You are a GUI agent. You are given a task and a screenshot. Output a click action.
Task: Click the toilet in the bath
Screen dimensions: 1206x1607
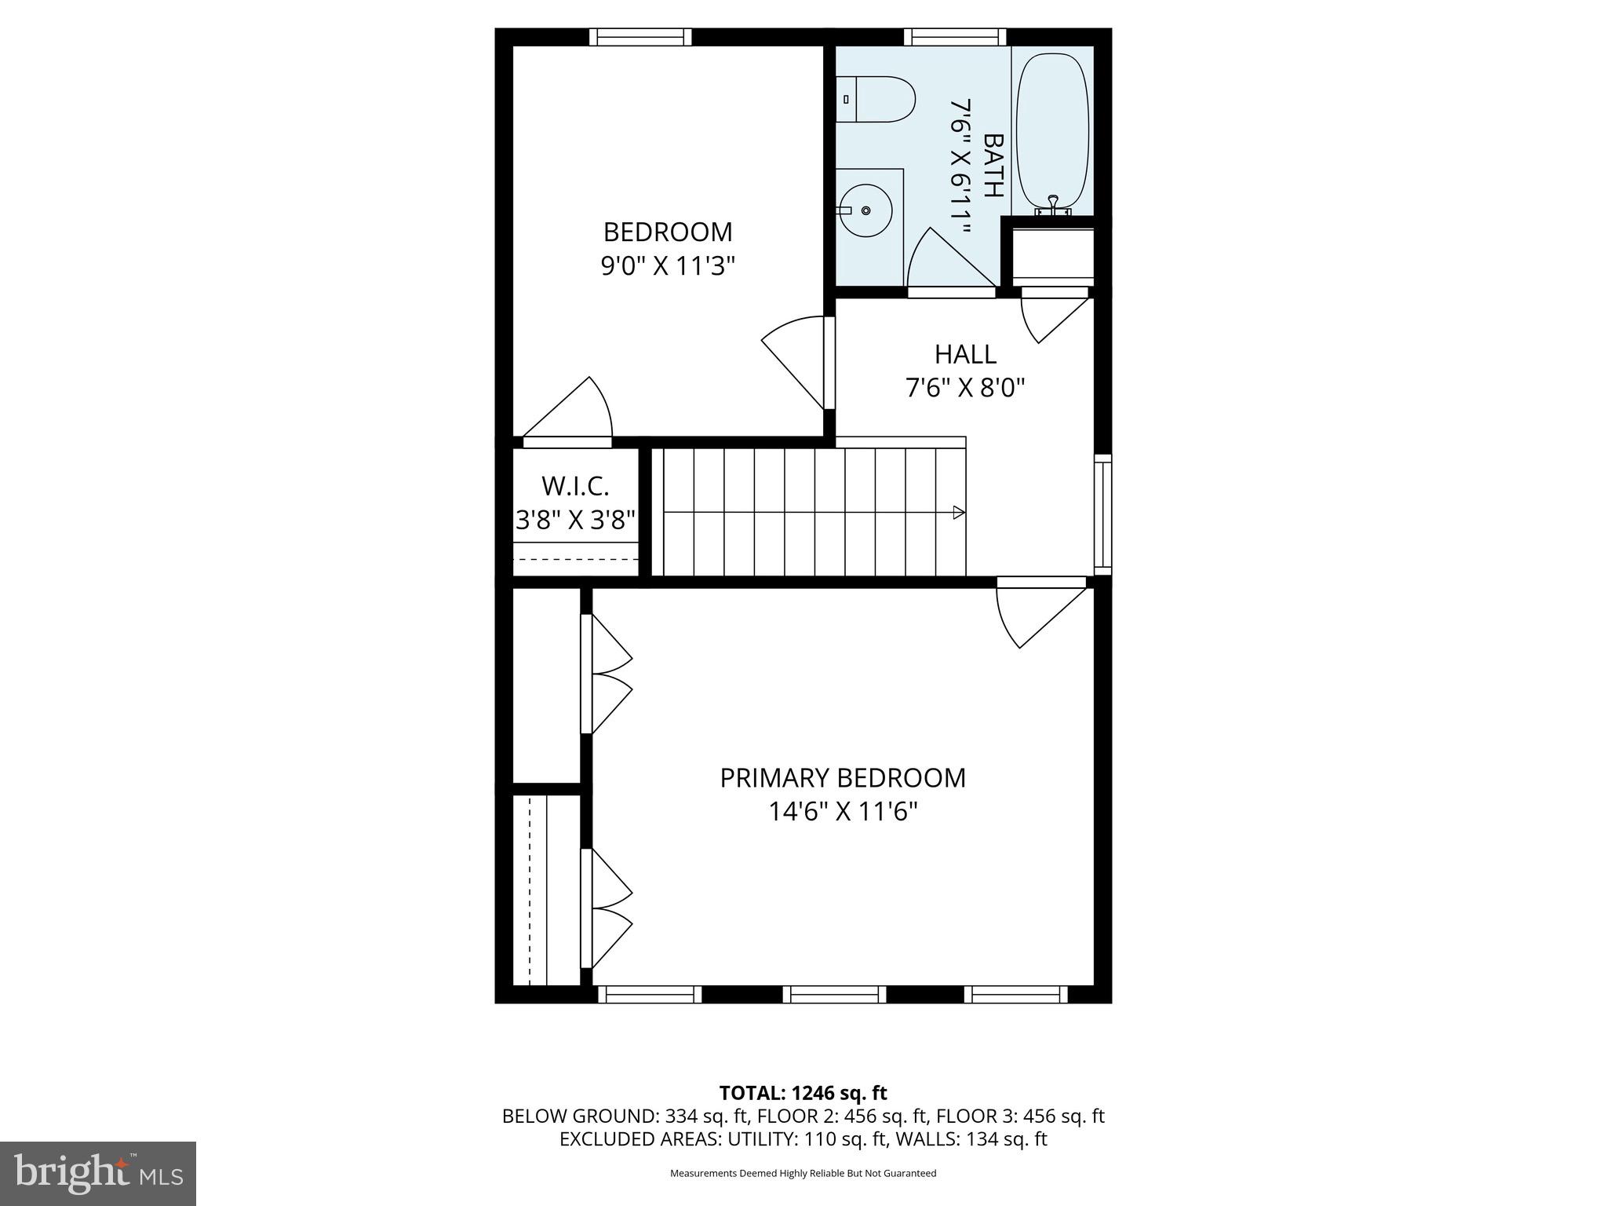tap(877, 100)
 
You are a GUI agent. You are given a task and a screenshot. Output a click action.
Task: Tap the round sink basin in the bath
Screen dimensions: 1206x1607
tap(865, 210)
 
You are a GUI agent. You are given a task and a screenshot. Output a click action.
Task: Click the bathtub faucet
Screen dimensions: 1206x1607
tap(1053, 206)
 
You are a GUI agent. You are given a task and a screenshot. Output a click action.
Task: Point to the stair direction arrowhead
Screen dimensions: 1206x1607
tap(958, 513)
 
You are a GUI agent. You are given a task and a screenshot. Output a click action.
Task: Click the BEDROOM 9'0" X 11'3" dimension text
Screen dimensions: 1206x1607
tap(668, 266)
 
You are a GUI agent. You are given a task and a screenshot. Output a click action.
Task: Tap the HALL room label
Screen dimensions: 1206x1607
tap(965, 354)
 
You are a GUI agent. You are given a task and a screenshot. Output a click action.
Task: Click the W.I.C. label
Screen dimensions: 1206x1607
tap(575, 486)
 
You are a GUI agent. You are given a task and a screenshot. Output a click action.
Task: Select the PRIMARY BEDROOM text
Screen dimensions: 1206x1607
tap(843, 777)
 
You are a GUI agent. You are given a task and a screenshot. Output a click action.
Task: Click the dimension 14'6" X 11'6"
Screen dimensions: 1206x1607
tap(843, 811)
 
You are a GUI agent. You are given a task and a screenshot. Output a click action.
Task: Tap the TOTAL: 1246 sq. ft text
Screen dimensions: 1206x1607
tap(803, 1093)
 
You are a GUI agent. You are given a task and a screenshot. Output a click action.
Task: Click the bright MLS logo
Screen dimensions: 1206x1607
tap(98, 1174)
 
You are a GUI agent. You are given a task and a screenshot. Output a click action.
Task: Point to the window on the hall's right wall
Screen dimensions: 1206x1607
tap(1102, 514)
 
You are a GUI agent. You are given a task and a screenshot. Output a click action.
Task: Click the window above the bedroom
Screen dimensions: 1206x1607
tap(640, 37)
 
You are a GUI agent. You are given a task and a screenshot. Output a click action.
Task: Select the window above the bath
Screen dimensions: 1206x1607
tap(955, 37)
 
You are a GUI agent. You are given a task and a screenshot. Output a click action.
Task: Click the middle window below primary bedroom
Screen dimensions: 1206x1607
tap(834, 995)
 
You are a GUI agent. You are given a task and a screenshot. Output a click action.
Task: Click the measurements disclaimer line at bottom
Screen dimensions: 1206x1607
tap(803, 1173)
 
